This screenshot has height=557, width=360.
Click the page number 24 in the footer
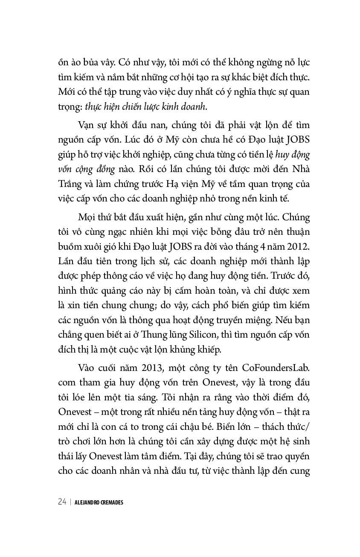62,502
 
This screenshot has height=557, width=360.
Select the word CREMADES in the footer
112,502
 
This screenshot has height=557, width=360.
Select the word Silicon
199,334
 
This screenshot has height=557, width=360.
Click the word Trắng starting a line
69,184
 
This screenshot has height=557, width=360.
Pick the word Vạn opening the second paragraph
87,125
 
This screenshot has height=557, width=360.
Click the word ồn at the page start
64,63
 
